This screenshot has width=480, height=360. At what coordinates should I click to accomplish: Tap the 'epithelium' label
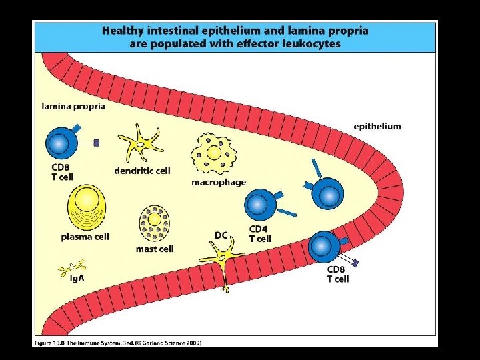click(x=377, y=126)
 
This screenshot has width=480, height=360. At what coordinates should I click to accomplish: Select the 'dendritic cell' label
click(x=142, y=171)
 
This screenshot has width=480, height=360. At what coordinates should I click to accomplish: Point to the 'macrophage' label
click(x=219, y=182)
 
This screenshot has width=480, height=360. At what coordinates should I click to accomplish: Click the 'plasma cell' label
click(x=85, y=237)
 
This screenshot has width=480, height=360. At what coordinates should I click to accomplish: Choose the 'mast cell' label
click(x=155, y=249)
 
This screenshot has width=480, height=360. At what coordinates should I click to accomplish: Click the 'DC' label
click(x=222, y=235)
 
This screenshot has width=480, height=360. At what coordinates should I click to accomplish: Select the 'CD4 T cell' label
click(x=260, y=234)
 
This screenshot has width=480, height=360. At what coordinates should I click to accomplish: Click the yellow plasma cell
click(x=86, y=207)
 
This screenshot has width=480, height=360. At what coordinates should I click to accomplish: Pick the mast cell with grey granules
click(x=154, y=224)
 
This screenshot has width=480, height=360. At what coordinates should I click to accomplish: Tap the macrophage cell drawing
click(x=215, y=154)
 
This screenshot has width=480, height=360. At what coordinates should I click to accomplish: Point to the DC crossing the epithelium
click(x=223, y=259)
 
